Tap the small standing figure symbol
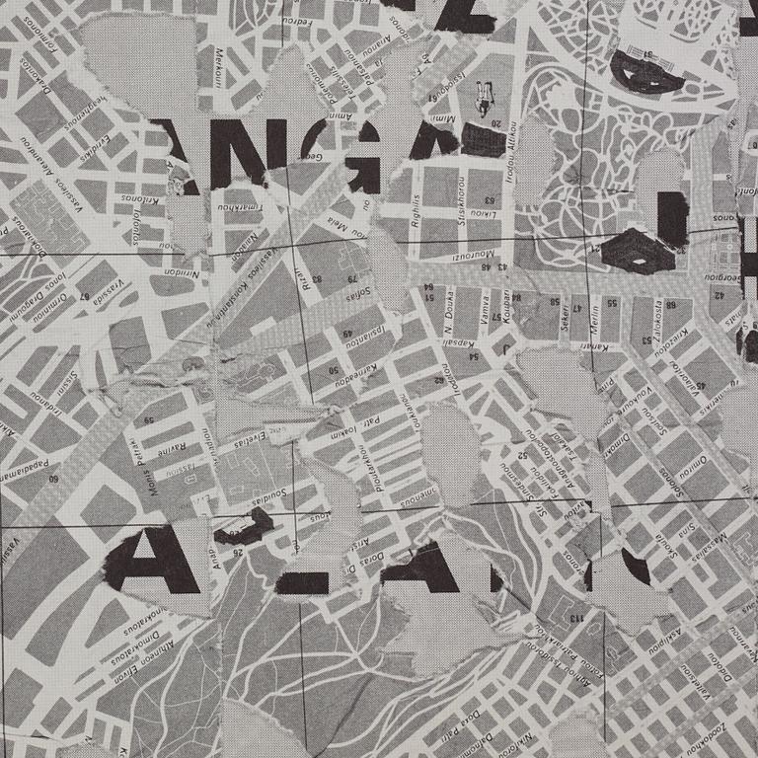pos(483,96)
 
